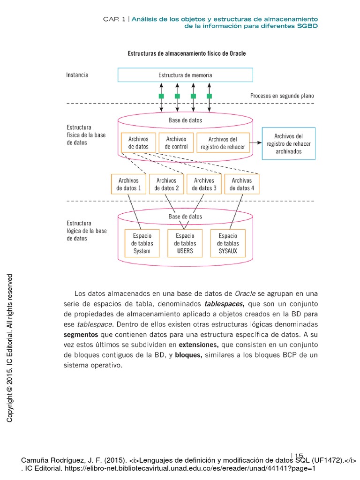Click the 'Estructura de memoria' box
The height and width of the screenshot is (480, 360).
tap(185, 75)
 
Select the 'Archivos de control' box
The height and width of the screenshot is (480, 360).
tap(176, 143)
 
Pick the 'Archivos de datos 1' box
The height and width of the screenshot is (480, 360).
tap(128, 184)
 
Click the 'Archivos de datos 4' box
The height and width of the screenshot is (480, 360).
tap(242, 184)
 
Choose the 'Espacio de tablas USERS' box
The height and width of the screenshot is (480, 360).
tap(185, 243)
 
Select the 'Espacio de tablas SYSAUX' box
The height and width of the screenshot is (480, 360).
tap(228, 243)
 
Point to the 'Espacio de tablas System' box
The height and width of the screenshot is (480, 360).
tap(142, 243)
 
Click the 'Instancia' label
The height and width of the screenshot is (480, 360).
tap(77, 75)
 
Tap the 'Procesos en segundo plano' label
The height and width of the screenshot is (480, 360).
tap(282, 96)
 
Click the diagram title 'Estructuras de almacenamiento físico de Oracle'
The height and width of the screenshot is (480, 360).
tap(187, 53)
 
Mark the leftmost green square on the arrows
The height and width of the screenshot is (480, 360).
tap(161, 96)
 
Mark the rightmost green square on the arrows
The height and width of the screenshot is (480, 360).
tap(209, 96)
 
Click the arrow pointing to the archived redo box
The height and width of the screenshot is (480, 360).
tap(256, 141)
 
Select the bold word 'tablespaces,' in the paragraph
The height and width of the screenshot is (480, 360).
tap(228, 303)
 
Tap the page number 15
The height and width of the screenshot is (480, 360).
tap(299, 455)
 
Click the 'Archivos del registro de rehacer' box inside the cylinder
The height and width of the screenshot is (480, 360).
tap(223, 143)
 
